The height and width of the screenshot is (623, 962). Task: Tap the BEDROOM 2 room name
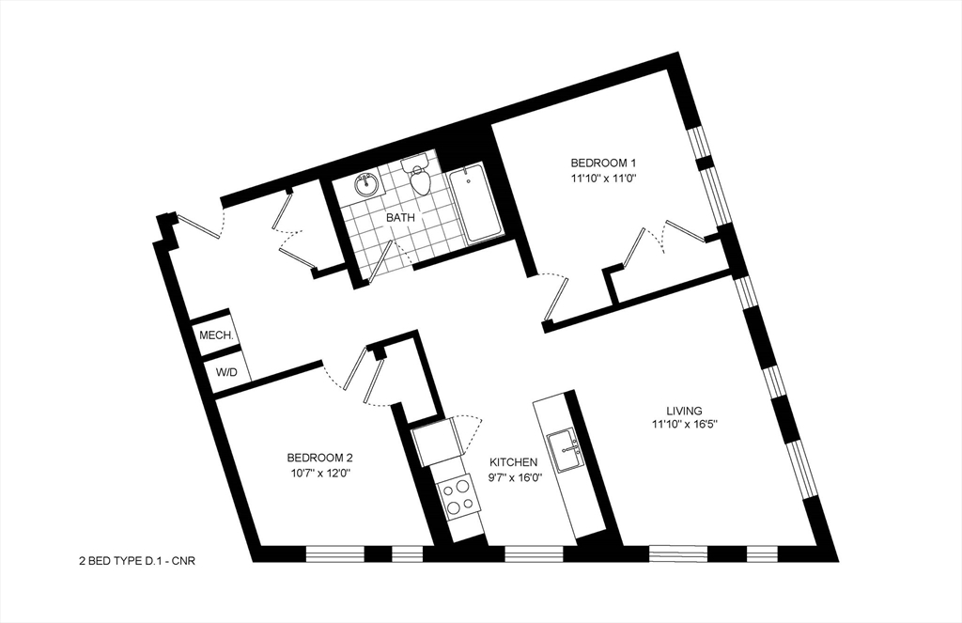click(320, 458)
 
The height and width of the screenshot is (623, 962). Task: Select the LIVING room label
click(685, 410)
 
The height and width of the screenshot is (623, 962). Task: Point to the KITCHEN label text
click(513, 461)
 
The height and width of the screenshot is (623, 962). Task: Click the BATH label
click(401, 217)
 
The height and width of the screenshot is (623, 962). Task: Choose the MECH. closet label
click(215, 335)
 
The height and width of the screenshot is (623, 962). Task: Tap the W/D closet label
click(226, 372)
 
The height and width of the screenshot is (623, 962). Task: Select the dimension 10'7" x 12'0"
click(320, 474)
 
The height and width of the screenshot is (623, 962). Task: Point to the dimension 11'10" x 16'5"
click(685, 426)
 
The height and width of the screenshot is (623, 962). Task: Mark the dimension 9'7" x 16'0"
click(513, 477)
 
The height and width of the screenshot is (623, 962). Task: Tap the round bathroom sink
click(366, 185)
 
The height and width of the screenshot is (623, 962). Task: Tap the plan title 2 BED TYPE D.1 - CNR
click(136, 561)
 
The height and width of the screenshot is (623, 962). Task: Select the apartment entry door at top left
click(199, 226)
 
